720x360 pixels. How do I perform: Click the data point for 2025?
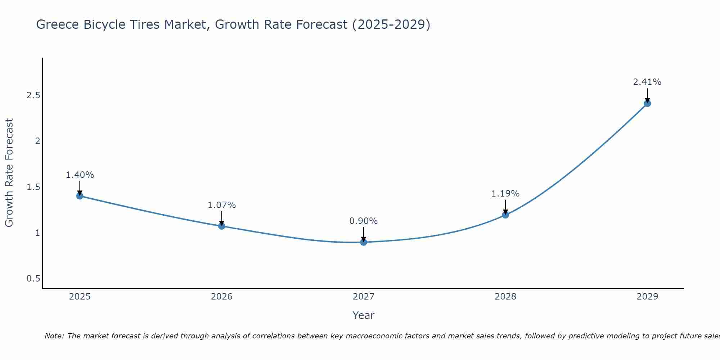click(80, 196)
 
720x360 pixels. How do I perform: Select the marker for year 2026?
click(221, 226)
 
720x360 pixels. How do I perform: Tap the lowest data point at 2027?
click(363, 242)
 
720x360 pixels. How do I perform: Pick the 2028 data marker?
click(505, 215)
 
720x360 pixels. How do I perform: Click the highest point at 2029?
click(647, 103)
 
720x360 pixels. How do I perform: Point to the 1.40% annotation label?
click(80, 175)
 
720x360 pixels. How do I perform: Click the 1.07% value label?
click(221, 205)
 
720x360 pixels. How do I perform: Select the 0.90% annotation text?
click(363, 221)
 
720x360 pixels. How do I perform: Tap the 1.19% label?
click(505, 194)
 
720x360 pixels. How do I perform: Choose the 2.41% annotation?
click(647, 82)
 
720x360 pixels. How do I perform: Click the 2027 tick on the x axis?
click(363, 297)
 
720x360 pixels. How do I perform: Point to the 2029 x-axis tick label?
click(647, 297)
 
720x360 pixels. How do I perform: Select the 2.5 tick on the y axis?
click(33, 95)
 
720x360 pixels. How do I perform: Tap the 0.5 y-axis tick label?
click(33, 279)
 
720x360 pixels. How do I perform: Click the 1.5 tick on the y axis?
click(33, 187)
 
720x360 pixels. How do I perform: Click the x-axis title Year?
click(363, 315)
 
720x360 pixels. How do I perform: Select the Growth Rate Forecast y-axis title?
click(9, 173)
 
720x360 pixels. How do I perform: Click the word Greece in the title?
click(58, 24)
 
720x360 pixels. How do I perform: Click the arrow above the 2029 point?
click(647, 95)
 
